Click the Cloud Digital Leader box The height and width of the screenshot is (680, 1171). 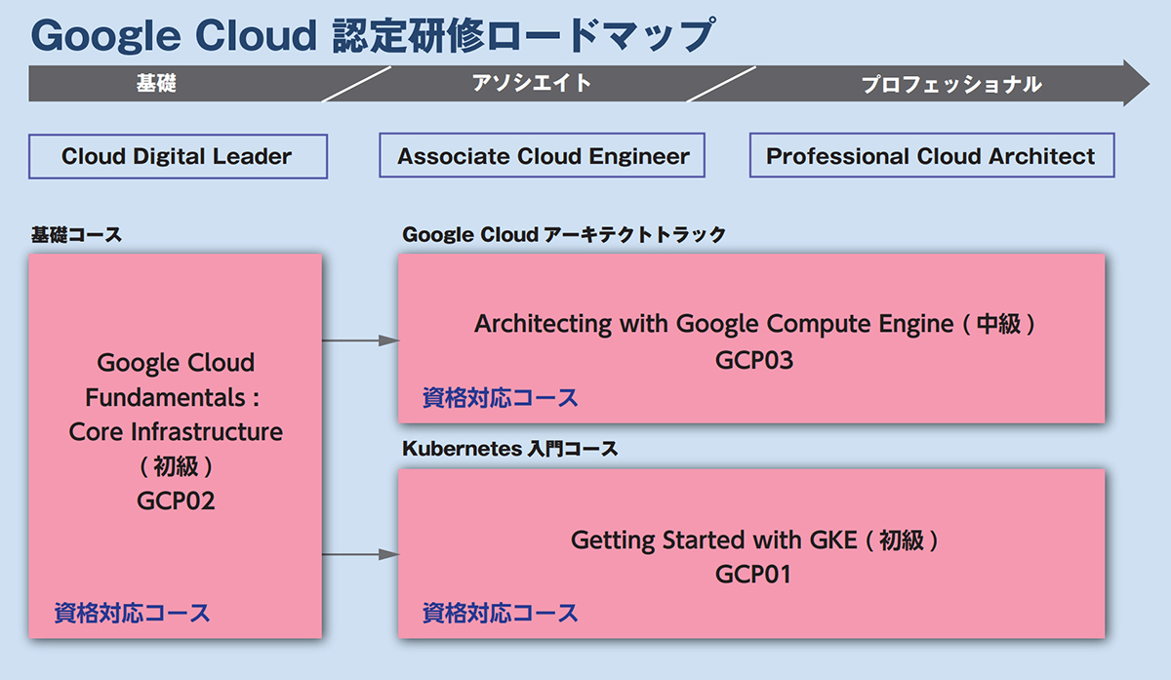[x=178, y=156]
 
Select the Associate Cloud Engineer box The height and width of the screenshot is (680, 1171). [x=543, y=155]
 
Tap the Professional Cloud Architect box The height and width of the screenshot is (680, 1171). [x=932, y=155]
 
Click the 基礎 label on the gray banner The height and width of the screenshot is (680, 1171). [x=156, y=83]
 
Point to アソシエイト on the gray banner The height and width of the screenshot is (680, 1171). [x=532, y=83]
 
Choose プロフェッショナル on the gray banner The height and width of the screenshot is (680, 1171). [x=951, y=85]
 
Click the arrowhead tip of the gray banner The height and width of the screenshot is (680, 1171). [x=1150, y=83]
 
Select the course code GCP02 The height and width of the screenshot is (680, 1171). [x=176, y=500]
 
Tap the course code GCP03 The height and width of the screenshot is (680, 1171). [x=753, y=360]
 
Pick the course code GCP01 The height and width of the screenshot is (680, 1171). [x=752, y=575]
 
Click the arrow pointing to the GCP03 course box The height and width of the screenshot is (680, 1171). [x=360, y=340]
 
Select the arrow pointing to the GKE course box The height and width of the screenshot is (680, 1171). [x=360, y=554]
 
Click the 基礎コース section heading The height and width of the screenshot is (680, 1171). [x=76, y=235]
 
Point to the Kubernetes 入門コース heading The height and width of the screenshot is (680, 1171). [x=509, y=449]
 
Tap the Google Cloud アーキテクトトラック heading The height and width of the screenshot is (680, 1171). [x=564, y=234]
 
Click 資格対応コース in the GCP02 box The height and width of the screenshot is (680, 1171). [x=132, y=613]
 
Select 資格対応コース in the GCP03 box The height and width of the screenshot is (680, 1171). [x=500, y=398]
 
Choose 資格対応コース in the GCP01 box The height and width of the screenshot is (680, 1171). [x=500, y=613]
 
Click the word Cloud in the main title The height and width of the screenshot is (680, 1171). [x=256, y=35]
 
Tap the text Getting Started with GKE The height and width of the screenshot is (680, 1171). [x=713, y=540]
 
